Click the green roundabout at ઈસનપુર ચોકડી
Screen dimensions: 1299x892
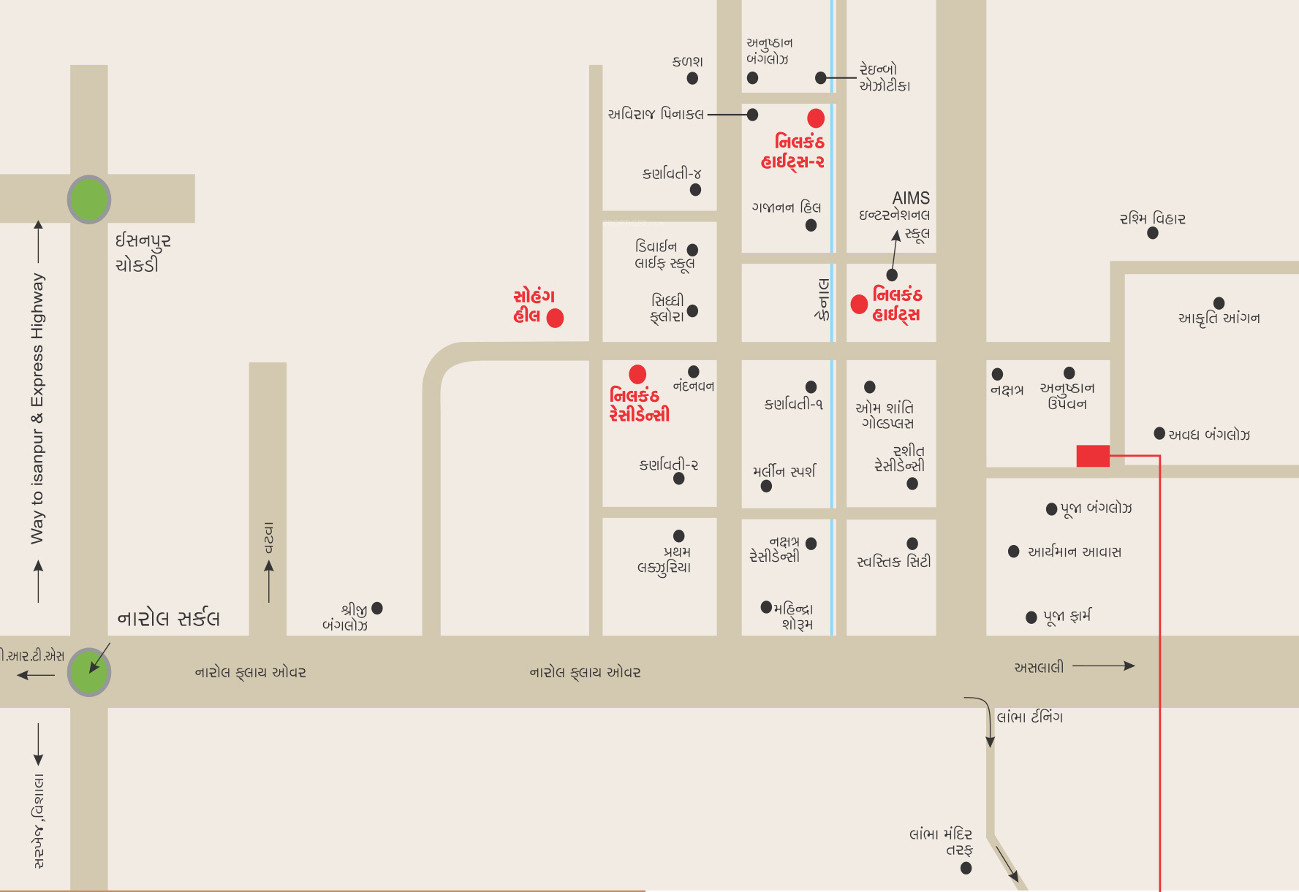coord(89,199)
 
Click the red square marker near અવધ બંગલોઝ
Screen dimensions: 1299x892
coord(1093,455)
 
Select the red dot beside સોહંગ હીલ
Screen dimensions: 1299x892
coord(556,318)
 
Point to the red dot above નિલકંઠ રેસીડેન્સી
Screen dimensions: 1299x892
coord(637,374)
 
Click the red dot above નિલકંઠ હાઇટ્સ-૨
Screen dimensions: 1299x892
coord(816,118)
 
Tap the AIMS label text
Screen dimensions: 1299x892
coord(911,198)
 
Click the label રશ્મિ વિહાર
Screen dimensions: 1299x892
coord(1153,218)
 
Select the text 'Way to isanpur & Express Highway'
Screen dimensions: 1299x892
coord(37,408)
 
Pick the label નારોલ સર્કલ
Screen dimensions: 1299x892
coord(169,618)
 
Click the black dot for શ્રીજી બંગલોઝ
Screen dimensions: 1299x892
coord(377,608)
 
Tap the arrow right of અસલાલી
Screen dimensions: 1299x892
coord(1104,666)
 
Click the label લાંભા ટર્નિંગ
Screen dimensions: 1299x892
coord(1030,717)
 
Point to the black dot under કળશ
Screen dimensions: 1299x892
coord(692,78)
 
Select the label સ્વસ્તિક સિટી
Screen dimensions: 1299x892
coord(894,561)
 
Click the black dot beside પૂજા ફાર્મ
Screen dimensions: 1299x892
coord(1031,617)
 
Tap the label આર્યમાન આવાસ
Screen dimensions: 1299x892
coord(1075,552)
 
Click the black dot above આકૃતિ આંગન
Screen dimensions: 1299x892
coord(1219,303)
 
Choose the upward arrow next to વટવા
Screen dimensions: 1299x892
coord(269,581)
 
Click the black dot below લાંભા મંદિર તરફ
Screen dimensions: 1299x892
coord(966,868)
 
